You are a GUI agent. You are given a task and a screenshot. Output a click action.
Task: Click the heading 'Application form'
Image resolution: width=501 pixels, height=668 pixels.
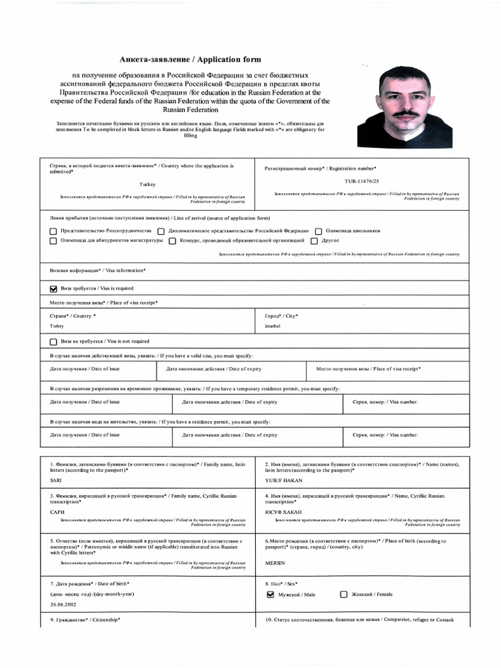[x=190, y=59]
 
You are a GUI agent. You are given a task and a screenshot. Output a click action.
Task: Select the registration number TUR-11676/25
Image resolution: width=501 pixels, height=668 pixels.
[x=361, y=181]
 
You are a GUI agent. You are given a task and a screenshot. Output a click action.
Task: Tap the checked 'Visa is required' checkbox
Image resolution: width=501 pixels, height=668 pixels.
[x=53, y=288]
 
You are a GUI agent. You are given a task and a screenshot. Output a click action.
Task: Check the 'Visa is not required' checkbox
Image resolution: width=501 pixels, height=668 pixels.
[x=53, y=341]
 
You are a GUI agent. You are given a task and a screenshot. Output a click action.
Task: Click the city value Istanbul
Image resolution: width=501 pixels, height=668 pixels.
[x=272, y=326]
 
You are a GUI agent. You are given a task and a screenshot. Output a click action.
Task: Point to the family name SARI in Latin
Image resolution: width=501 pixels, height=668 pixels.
[x=55, y=479]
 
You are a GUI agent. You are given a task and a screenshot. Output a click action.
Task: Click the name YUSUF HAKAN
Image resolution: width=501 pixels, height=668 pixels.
[x=284, y=479]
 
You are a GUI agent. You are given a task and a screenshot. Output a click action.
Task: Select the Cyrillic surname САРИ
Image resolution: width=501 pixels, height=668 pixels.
[x=57, y=513]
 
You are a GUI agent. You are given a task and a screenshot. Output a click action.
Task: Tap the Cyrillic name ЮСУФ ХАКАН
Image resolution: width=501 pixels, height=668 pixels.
[x=284, y=513]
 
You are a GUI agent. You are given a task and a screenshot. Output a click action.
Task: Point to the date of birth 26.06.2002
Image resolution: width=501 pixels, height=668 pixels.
[x=64, y=604]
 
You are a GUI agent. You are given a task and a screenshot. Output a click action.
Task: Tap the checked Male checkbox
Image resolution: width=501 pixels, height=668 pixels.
[x=270, y=594]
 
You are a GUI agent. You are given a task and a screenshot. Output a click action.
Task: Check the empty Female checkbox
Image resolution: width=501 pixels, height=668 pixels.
[x=344, y=594]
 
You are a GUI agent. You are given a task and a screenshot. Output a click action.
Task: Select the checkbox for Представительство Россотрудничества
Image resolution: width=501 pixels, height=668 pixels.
[x=53, y=231]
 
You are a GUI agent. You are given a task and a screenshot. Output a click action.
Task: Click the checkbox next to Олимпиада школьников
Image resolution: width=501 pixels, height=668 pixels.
[x=318, y=231]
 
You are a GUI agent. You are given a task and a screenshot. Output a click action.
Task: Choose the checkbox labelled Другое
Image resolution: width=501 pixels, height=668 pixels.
[x=314, y=241]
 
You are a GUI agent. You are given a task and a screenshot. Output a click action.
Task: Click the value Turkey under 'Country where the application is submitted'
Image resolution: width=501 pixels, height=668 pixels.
[x=147, y=185]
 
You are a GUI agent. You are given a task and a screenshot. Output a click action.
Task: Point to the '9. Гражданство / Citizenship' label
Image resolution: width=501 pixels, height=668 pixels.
[x=85, y=619]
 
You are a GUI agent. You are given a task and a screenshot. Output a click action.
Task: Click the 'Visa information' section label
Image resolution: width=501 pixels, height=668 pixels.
[x=97, y=270]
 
